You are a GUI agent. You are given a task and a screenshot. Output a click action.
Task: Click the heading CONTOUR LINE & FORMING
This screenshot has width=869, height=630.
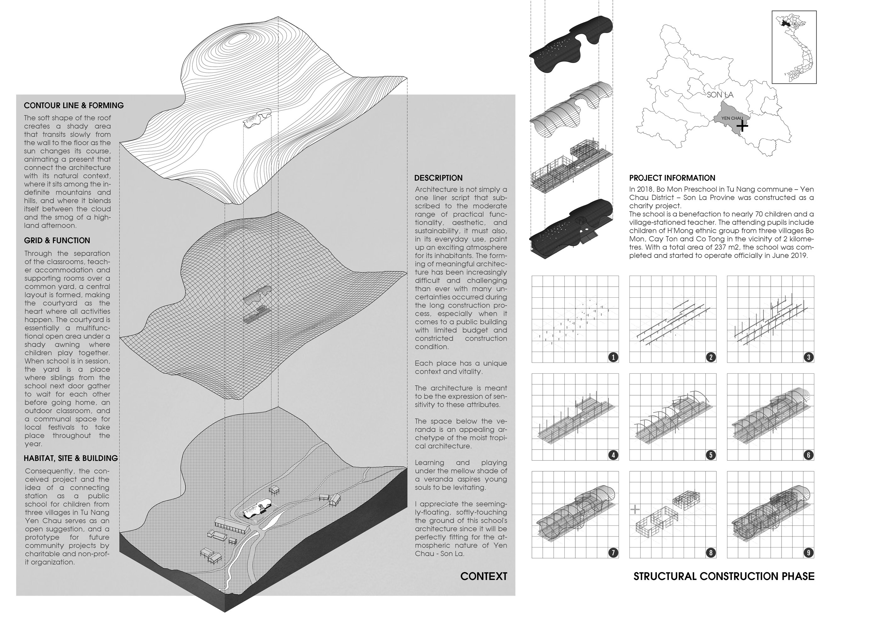74,106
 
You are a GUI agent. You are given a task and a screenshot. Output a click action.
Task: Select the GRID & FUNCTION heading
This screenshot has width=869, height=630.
57,240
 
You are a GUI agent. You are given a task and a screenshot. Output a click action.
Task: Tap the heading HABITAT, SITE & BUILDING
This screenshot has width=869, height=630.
71,458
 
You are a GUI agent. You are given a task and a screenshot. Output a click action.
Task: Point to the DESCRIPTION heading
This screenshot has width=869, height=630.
438,178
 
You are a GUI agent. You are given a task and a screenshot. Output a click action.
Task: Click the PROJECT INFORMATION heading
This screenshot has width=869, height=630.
672,178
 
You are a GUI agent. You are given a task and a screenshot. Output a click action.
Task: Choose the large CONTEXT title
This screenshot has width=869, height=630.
483,576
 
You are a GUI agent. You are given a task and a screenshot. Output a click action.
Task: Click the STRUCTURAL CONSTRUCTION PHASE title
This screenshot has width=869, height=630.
724,576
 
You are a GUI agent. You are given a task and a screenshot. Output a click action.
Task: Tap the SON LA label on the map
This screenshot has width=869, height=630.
720,95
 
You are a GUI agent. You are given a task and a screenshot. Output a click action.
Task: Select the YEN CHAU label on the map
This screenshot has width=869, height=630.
732,118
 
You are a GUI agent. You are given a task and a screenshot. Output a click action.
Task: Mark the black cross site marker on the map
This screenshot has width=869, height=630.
742,125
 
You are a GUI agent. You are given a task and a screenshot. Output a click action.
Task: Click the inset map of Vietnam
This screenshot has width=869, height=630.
794,47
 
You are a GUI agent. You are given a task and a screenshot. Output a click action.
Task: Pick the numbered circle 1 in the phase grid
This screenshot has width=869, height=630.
613,358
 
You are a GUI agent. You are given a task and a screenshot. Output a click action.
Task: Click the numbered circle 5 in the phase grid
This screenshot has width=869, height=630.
711,455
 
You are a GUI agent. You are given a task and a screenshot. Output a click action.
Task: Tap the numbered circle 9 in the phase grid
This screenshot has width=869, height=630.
809,553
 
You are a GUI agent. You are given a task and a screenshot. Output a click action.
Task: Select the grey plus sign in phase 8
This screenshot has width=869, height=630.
635,509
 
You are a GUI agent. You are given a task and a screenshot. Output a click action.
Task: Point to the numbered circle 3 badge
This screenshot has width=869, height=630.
809,358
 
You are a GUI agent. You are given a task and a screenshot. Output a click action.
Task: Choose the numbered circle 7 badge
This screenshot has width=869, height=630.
613,553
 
